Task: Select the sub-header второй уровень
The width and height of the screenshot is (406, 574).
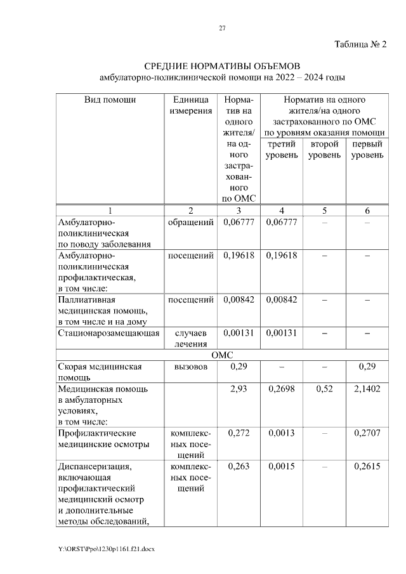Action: pos(324,150)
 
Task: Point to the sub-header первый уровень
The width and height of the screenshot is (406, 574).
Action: pos(367,150)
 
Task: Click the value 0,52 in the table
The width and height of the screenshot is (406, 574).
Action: pos(324,388)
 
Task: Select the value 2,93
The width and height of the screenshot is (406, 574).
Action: pos(238,388)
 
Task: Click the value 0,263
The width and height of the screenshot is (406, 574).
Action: pos(238,467)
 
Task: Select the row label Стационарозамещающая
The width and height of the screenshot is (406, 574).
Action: pos(108,332)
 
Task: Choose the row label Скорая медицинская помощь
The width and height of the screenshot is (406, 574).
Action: pos(99,372)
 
